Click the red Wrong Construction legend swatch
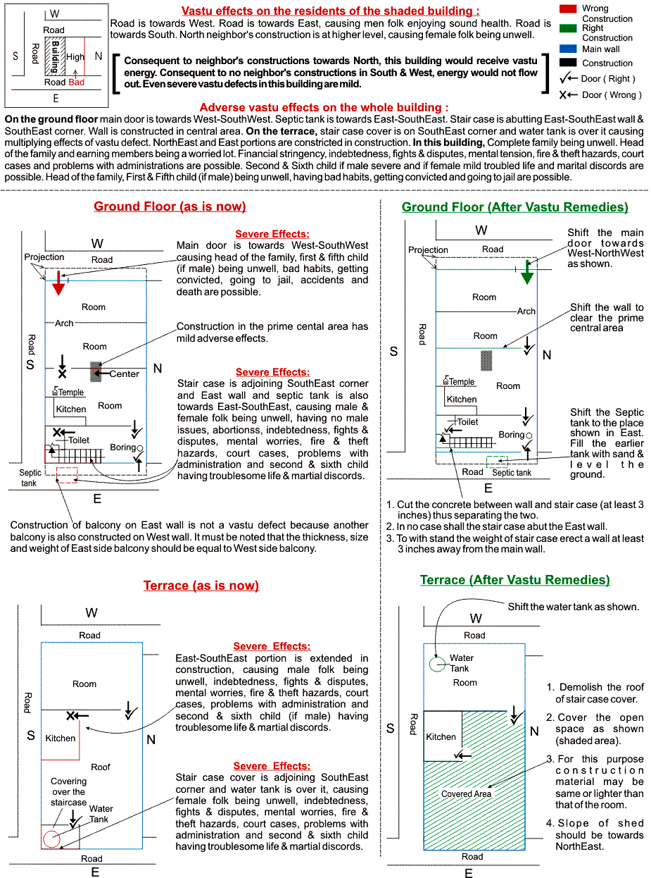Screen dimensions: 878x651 click(567, 8)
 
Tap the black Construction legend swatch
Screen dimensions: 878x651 click(567, 63)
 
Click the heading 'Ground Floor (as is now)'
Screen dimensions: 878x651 click(170, 206)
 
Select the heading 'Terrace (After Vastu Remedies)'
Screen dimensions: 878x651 click(514, 580)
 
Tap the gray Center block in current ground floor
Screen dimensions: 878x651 click(96, 371)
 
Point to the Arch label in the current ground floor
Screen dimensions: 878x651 click(64, 323)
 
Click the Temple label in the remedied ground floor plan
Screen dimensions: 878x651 click(462, 382)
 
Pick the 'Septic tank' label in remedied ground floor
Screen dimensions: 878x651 click(512, 473)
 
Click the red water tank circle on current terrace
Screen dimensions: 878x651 click(51, 839)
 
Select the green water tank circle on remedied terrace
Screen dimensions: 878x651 click(436, 664)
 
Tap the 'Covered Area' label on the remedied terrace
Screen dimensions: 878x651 click(466, 794)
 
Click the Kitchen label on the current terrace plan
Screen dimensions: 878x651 click(61, 738)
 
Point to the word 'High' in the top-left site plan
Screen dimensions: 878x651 click(75, 57)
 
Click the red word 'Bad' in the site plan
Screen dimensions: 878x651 click(76, 82)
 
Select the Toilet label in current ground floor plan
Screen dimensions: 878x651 click(78, 440)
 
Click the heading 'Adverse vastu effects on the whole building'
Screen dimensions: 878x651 click(324, 108)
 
